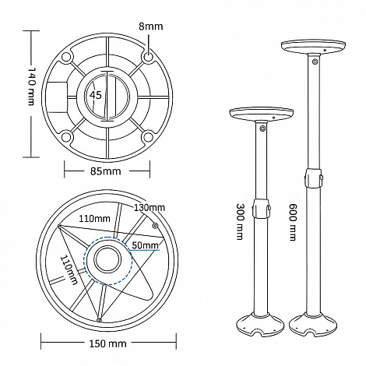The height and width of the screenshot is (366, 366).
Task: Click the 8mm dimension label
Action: coord(150,26)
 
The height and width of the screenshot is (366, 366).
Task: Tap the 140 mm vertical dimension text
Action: coord(31,86)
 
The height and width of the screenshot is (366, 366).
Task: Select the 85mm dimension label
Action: coord(106,171)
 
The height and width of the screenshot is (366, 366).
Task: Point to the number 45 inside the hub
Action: coord(96,95)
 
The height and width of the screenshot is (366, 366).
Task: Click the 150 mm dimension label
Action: coord(107,344)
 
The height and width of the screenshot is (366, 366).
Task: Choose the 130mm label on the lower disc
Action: coord(150,207)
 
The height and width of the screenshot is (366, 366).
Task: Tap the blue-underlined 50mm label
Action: coord(145,245)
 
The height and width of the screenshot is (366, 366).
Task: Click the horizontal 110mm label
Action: coord(94,219)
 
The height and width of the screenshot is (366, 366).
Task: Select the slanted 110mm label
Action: coord(69,270)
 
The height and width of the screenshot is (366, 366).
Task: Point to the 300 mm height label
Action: coord(241,221)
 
